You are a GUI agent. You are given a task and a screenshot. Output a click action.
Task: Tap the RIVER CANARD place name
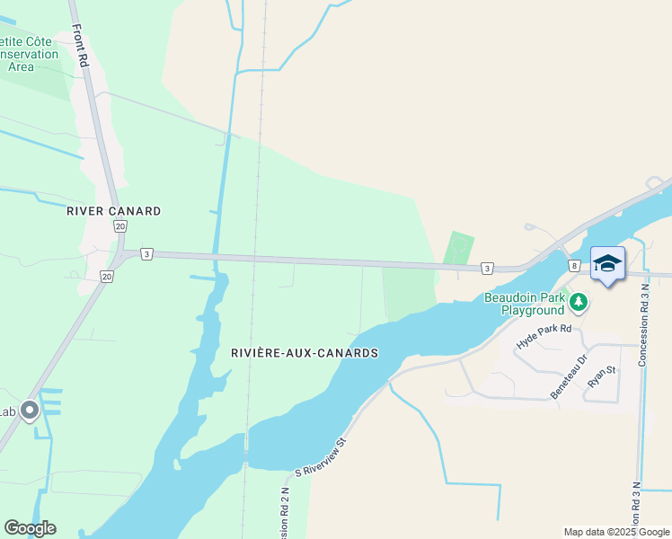[x=114, y=211]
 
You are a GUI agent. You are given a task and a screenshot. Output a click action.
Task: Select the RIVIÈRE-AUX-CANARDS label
[x=305, y=353]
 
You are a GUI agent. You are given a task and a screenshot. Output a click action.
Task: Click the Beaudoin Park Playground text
[x=526, y=303]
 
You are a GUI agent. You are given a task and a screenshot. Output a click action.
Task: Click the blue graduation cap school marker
[x=607, y=263]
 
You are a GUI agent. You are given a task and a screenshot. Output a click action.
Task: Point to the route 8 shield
[x=573, y=266]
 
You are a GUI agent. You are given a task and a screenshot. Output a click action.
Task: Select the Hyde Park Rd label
[x=544, y=335]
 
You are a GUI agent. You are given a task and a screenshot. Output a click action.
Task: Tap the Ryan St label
[x=600, y=375]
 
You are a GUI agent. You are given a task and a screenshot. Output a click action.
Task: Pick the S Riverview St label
[x=321, y=456]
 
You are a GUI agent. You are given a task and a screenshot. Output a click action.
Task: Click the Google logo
[x=30, y=528]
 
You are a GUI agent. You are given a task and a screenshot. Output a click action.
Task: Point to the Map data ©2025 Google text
[x=616, y=532]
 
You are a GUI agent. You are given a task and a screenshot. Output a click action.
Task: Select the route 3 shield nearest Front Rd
[x=146, y=254]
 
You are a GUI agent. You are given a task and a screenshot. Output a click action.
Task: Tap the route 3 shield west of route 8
[x=486, y=268]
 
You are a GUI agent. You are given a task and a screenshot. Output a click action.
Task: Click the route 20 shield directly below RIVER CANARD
[x=119, y=226]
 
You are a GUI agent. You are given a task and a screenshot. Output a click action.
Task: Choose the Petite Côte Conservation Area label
[x=29, y=54]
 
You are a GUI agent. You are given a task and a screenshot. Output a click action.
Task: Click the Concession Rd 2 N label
[x=284, y=512]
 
